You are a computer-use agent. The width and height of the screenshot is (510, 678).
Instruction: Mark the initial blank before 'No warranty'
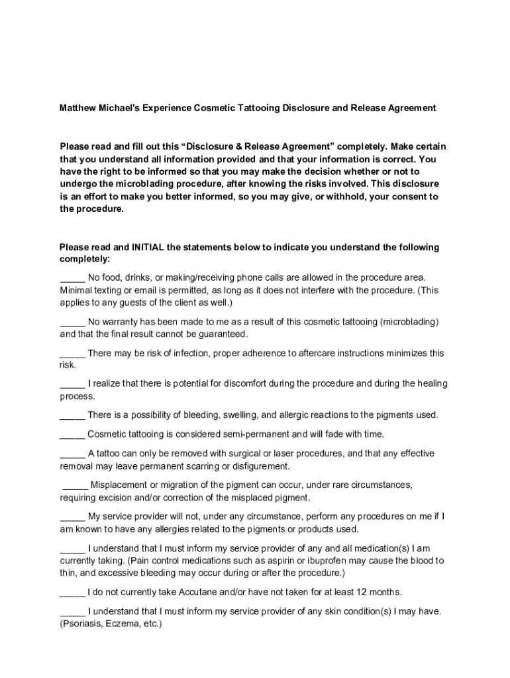coord(72,322)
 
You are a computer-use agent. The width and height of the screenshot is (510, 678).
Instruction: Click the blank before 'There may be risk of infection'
coord(72,354)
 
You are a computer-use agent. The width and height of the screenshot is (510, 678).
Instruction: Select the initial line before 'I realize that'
coord(72,384)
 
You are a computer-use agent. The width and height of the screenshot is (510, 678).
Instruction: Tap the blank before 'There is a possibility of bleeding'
coord(72,415)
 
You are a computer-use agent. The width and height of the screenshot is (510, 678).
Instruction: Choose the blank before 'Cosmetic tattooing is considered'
coord(72,435)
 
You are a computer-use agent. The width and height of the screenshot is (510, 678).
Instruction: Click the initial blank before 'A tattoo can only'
coord(72,454)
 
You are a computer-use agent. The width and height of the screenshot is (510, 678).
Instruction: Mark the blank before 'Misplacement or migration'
coord(75,485)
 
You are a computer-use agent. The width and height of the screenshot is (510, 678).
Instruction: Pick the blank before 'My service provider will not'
coord(72,516)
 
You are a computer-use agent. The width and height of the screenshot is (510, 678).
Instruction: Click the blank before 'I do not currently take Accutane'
coord(72,592)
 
